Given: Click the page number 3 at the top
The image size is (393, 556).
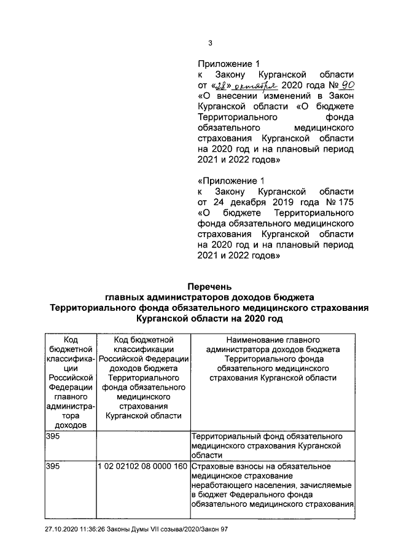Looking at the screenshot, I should coord(210,43).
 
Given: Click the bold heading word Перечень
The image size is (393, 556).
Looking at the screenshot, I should coord(209,286).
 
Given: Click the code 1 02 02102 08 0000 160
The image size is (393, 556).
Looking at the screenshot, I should coord(142,466).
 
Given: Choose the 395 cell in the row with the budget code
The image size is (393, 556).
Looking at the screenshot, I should coord(54,466).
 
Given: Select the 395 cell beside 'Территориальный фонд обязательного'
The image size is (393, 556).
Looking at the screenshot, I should coord(54,436).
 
